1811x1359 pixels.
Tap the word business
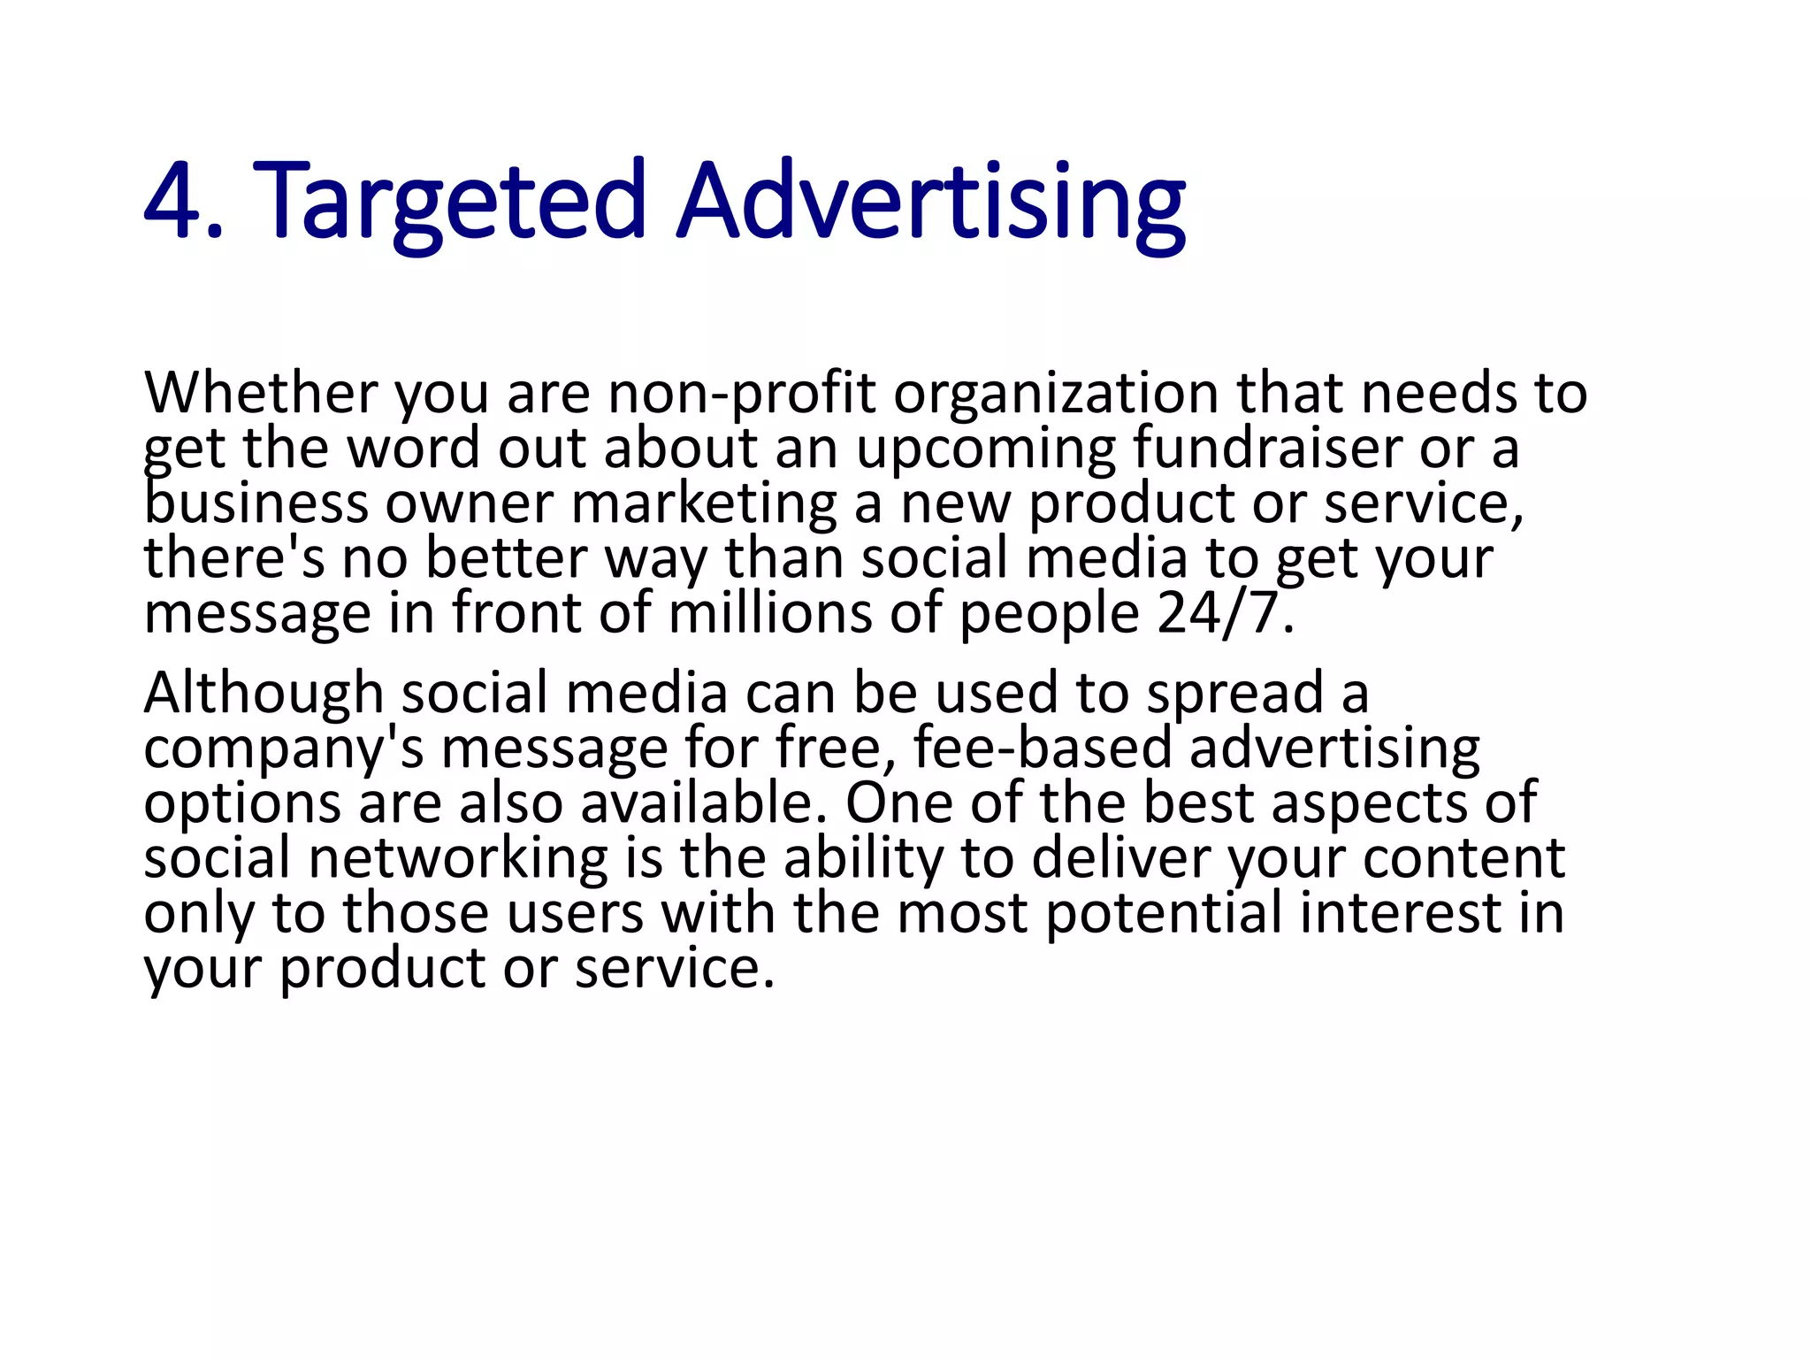click(256, 503)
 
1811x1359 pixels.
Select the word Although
click(263, 693)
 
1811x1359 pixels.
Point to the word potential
click(1164, 913)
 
